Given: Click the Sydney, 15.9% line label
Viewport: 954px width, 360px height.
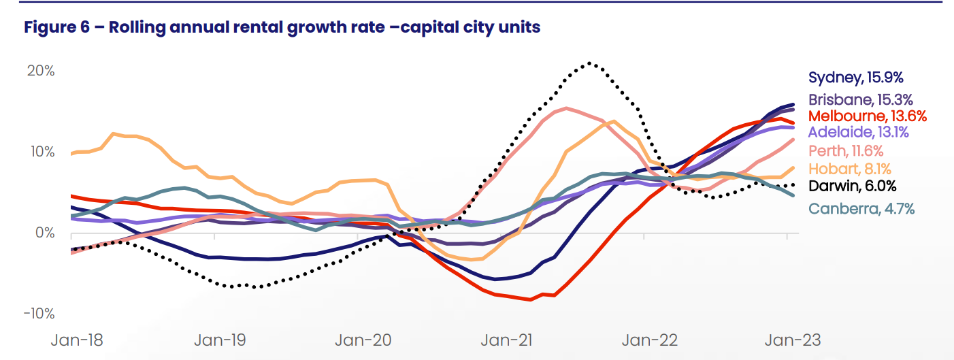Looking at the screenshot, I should (856, 78).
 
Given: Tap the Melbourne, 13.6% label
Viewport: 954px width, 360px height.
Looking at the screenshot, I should (868, 116).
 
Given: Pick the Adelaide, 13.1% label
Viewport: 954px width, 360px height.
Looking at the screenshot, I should (858, 132).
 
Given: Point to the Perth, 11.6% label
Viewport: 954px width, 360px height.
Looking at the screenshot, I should (846, 150).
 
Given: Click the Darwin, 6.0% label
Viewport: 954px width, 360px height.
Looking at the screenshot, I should (852, 186).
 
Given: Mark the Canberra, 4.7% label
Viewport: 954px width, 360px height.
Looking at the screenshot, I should (861, 209).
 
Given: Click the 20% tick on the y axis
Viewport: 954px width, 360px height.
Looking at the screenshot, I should (40, 71).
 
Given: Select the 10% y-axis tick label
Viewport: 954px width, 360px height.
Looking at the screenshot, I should (41, 151).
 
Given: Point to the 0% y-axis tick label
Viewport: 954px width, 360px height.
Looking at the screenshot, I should (44, 233).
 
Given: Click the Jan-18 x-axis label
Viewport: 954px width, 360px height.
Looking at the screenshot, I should (77, 340).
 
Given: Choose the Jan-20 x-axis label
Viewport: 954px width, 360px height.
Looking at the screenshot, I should (363, 340).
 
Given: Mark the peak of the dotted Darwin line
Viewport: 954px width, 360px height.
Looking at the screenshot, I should (589, 63).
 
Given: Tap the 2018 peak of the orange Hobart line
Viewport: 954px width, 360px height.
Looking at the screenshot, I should (114, 133).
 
